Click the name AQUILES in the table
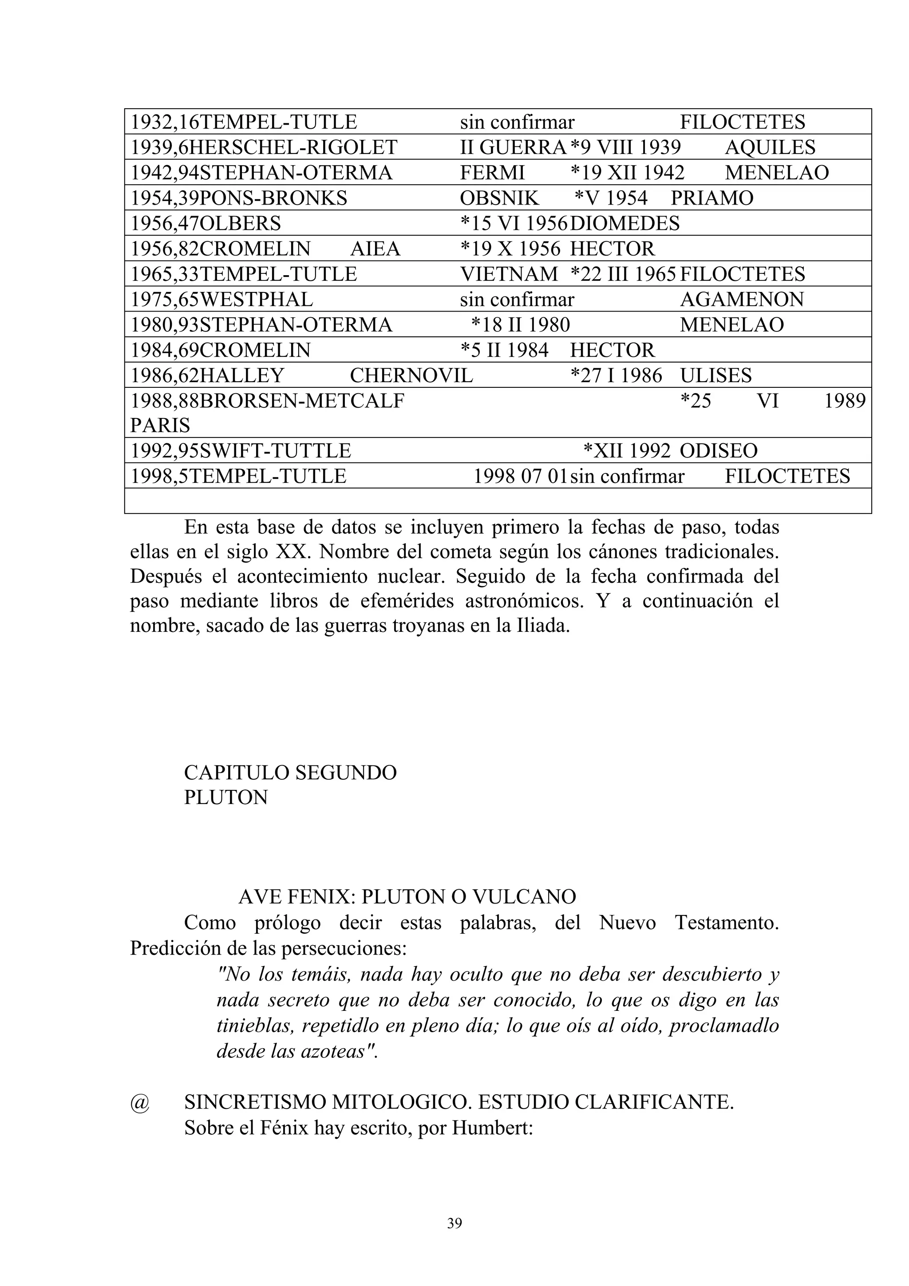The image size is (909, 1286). pyautogui.click(x=770, y=147)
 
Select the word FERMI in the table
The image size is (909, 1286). pyautogui.click(x=492, y=173)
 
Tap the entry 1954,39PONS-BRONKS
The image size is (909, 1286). pyautogui.click(x=239, y=198)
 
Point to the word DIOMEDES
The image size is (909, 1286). pyautogui.click(x=624, y=224)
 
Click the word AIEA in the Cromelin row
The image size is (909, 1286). pyautogui.click(x=375, y=249)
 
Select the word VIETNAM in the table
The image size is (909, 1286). pyautogui.click(x=509, y=274)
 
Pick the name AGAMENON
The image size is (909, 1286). pyautogui.click(x=742, y=300)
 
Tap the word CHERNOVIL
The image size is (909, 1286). pyautogui.click(x=411, y=375)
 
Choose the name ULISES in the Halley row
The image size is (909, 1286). pyautogui.click(x=716, y=375)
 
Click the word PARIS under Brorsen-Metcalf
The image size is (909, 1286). pyautogui.click(x=160, y=426)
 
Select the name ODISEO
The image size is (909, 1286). pyautogui.click(x=719, y=451)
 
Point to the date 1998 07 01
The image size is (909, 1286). pyautogui.click(x=520, y=477)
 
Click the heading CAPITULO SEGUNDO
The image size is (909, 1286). pyautogui.click(x=290, y=773)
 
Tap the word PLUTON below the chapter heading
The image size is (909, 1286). pyautogui.click(x=226, y=797)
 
